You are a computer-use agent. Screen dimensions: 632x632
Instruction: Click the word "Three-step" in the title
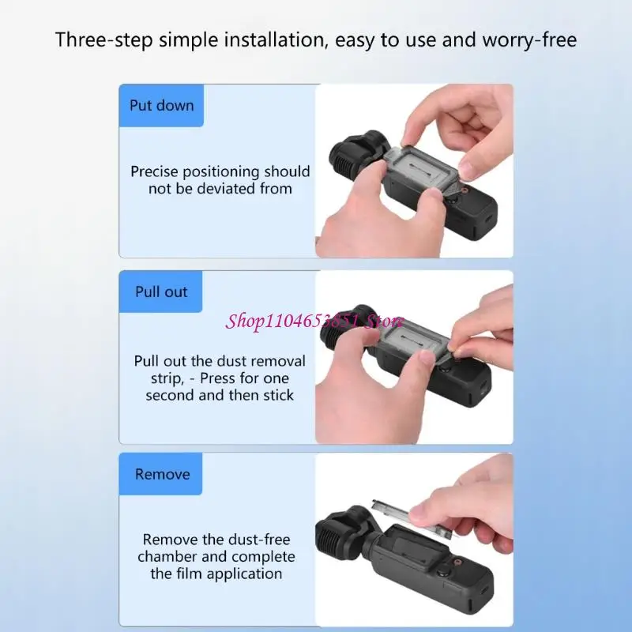[x=103, y=40]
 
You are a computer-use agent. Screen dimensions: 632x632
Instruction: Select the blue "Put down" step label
[x=161, y=106]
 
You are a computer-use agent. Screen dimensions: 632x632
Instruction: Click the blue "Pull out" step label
[x=161, y=292]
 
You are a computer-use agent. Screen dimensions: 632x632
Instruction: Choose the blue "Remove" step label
[x=161, y=474]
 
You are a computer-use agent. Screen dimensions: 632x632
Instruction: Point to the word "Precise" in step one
[x=154, y=171]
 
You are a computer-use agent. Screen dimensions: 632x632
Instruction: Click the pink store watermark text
[x=314, y=322]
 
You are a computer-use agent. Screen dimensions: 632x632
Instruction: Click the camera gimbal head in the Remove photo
[x=343, y=531]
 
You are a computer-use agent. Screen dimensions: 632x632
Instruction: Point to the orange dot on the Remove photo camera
[x=459, y=562]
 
